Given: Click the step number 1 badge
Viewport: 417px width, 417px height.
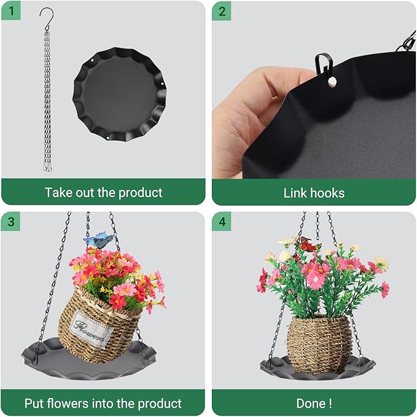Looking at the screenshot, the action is pyautogui.click(x=11, y=11).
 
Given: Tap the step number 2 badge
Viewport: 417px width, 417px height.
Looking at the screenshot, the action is pyautogui.click(x=222, y=11).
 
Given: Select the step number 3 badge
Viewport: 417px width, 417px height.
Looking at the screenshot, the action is pyautogui.click(x=11, y=221).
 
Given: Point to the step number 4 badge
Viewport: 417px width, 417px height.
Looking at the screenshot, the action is pyautogui.click(x=222, y=221).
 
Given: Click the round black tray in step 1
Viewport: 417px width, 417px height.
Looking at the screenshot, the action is pyautogui.click(x=119, y=94).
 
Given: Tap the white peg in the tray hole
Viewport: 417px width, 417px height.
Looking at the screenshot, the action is pyautogui.click(x=332, y=82).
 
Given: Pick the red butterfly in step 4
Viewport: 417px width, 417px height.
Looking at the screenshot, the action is pyautogui.click(x=308, y=244).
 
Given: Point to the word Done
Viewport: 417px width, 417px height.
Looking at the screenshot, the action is pyautogui.click(x=311, y=403).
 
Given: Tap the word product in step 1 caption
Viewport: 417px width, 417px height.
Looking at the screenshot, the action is pyautogui.click(x=141, y=193).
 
